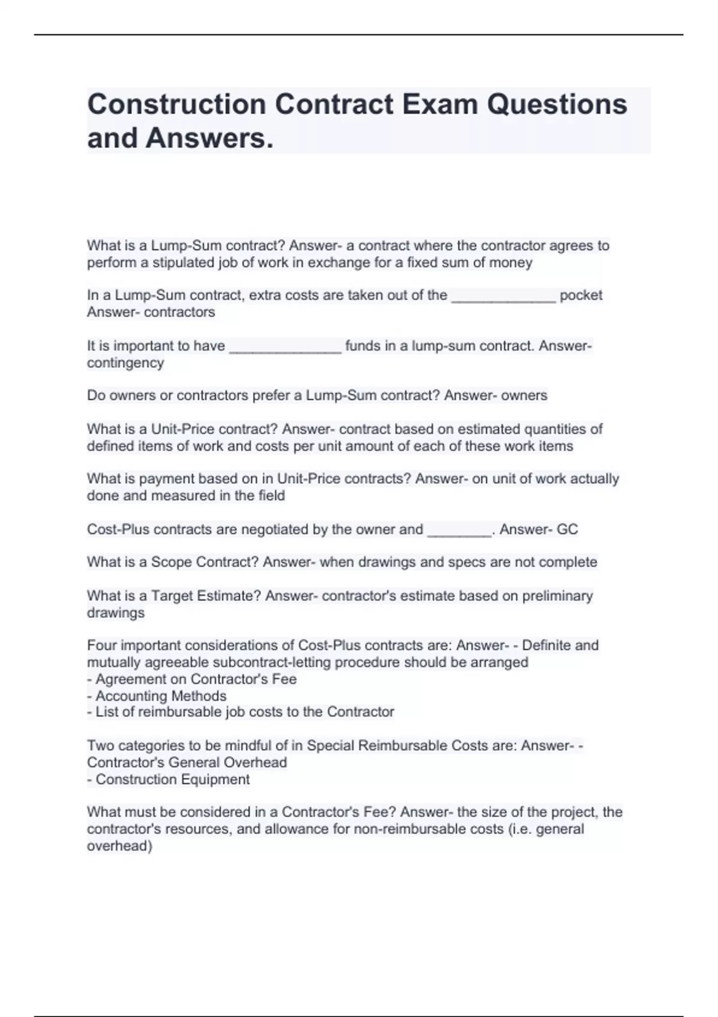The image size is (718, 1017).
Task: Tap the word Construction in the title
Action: (x=177, y=104)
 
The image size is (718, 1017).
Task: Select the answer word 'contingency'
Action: (x=125, y=363)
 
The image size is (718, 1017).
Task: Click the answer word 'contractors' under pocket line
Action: (x=180, y=312)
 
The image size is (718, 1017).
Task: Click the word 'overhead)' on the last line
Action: (x=120, y=846)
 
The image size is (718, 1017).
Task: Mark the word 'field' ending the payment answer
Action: (x=272, y=496)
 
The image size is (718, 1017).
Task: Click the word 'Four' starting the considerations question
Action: (x=101, y=645)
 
